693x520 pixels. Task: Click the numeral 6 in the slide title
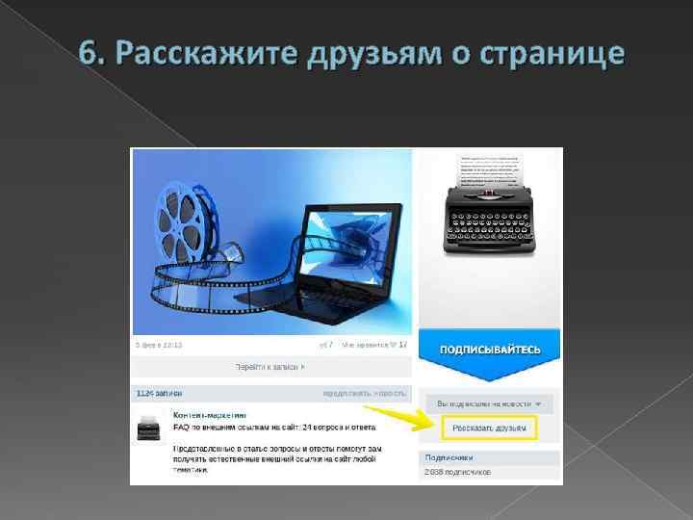click(x=89, y=54)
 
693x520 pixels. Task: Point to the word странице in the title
click(x=544, y=55)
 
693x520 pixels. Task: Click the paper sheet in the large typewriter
click(x=490, y=169)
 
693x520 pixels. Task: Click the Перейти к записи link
click(x=270, y=367)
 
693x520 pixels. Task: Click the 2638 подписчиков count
click(x=458, y=472)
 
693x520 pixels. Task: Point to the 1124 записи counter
click(x=159, y=393)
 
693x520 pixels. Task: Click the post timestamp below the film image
click(x=159, y=344)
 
